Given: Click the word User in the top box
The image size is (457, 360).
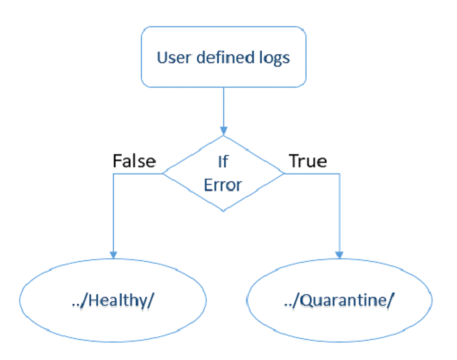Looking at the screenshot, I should (172, 60).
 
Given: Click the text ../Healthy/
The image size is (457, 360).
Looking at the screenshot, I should (115, 301).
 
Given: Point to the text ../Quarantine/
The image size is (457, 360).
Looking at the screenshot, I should (339, 301).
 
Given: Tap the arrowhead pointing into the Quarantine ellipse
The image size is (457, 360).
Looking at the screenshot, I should (339, 254).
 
